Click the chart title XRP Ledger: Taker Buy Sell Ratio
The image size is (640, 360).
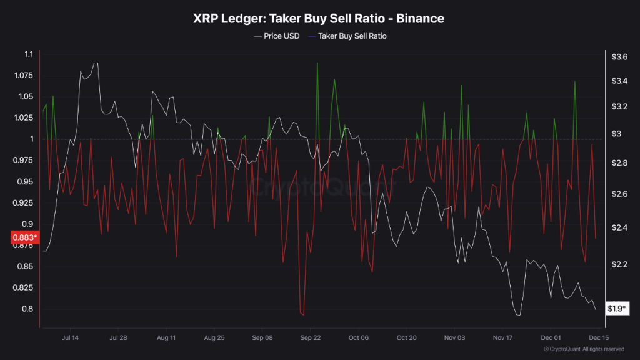coord(319,19)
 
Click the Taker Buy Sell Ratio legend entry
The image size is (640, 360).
coord(352,36)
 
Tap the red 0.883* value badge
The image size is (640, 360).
coord(24,237)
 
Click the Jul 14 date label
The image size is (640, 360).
coord(70,337)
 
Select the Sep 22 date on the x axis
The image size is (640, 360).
coord(311,337)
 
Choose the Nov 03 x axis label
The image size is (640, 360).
coord(454,337)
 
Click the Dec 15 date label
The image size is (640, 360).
coord(591,337)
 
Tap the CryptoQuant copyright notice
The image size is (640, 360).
coord(583,349)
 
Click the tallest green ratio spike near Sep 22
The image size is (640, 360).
coord(317,63)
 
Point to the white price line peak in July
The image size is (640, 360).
coord(95,62)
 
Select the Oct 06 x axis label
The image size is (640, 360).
coord(359,337)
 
